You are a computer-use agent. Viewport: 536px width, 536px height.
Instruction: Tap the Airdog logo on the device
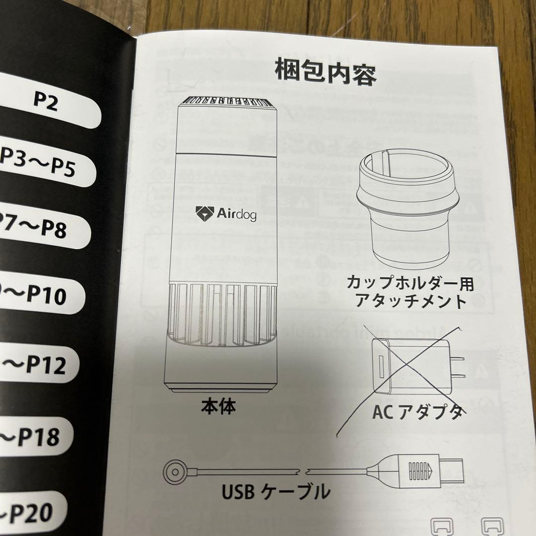[x=226, y=213]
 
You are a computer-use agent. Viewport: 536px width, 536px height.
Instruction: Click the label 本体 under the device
[x=218, y=407]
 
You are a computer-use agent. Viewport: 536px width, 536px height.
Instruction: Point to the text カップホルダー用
[x=410, y=284]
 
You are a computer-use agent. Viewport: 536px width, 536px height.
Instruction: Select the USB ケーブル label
[x=275, y=492]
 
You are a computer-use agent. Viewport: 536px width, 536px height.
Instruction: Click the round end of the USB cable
[x=175, y=469]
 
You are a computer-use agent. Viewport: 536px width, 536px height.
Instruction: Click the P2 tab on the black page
[x=47, y=101]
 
